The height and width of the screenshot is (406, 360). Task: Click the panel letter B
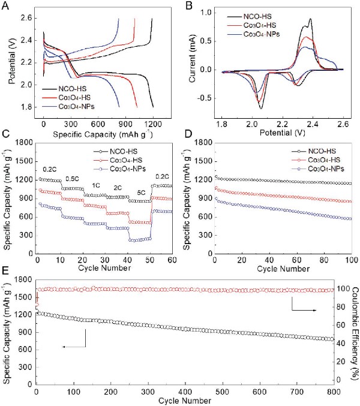187,7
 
